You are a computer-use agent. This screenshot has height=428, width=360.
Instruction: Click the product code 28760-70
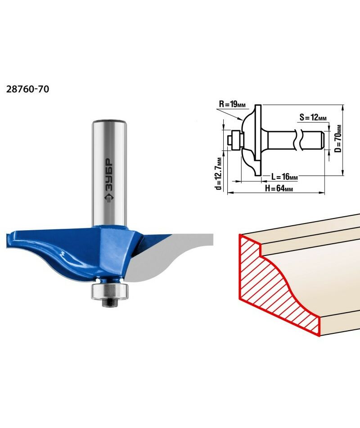tap(27, 89)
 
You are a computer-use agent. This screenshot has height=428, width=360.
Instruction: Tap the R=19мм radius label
tap(232, 104)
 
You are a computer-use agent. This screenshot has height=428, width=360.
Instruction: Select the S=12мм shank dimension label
tap(313, 118)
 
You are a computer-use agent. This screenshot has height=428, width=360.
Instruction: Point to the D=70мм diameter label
tap(338, 139)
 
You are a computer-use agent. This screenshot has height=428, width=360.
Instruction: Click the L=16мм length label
tap(284, 177)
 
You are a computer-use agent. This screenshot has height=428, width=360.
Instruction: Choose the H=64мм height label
tap(279, 188)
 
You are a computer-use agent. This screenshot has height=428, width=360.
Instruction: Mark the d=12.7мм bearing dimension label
tap(218, 173)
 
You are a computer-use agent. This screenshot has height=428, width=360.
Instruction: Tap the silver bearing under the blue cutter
tap(109, 291)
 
